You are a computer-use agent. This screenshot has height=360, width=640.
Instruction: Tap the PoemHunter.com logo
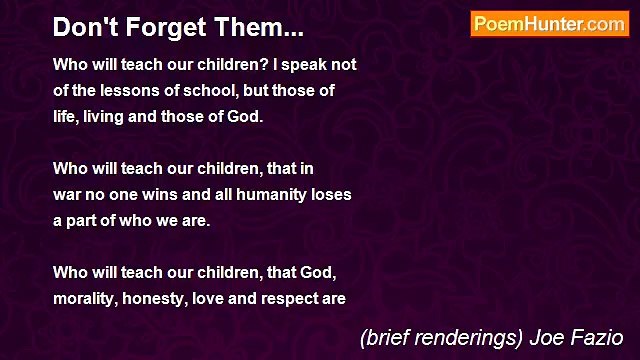[549, 24]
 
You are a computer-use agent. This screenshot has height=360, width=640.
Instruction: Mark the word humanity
[280, 195]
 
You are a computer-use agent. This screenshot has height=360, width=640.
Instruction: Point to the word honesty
[160, 299]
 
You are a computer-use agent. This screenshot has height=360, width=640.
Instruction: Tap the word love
[217, 299]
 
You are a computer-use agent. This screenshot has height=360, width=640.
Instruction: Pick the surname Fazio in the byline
[600, 337]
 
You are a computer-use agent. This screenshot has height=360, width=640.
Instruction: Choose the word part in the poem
[83, 221]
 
